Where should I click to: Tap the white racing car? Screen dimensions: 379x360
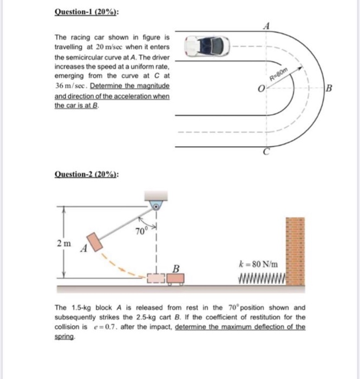click(x=207, y=46)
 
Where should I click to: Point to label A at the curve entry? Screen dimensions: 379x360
click(x=266, y=24)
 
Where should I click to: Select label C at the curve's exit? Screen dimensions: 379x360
click(x=266, y=153)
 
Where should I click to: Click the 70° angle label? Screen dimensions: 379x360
click(x=141, y=233)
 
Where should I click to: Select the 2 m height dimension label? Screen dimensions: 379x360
click(x=63, y=244)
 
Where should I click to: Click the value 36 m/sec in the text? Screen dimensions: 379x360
click(x=69, y=86)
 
